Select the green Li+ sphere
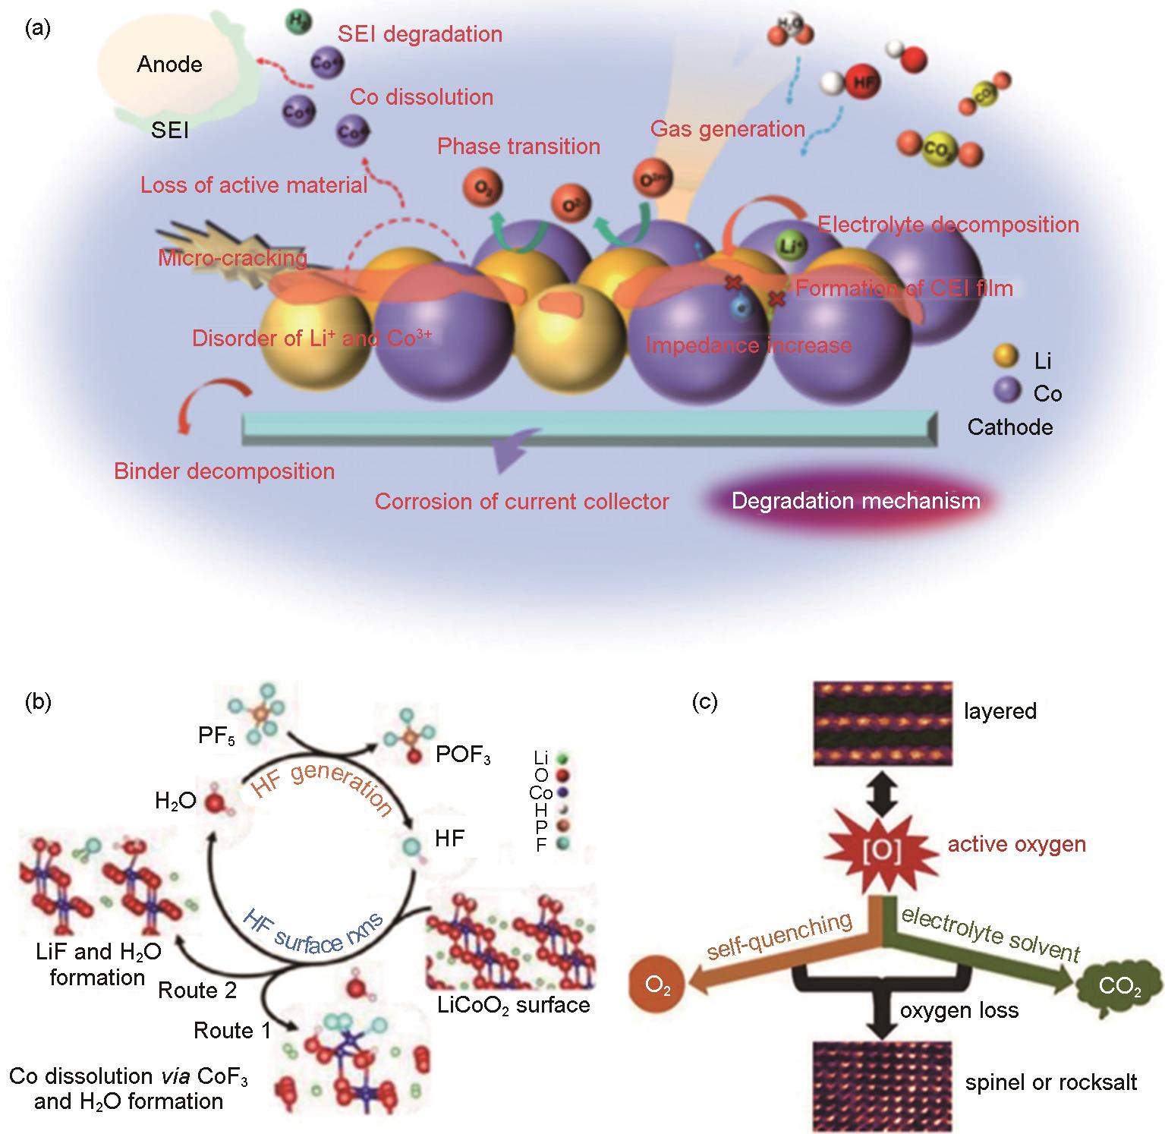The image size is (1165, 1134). (x=789, y=244)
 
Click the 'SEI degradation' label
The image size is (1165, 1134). (x=420, y=34)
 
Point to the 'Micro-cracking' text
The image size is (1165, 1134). (x=232, y=259)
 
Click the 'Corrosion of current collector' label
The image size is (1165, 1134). (x=521, y=502)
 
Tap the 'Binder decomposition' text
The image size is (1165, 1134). (x=224, y=471)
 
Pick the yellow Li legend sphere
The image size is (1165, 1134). (x=1006, y=357)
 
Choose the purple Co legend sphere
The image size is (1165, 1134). (x=1007, y=392)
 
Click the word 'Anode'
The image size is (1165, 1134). (x=169, y=65)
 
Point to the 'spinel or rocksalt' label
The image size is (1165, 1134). (x=1050, y=1082)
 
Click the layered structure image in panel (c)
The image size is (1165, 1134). (x=882, y=722)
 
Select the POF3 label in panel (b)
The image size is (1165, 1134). (x=463, y=756)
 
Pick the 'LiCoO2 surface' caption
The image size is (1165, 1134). (x=514, y=1006)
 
